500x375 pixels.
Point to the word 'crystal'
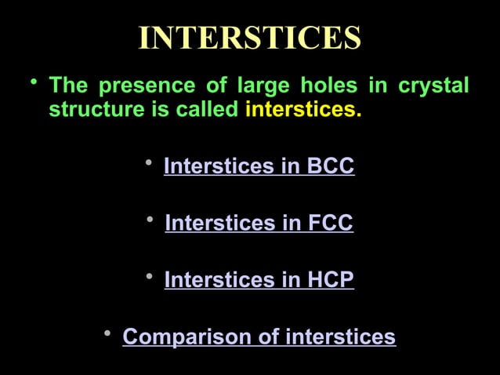(x=433, y=85)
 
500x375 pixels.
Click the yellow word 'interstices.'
(x=303, y=109)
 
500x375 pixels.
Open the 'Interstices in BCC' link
(x=259, y=166)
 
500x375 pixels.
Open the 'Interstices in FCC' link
(x=259, y=224)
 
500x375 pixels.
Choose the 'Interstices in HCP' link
(x=259, y=280)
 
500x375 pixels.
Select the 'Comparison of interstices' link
(x=259, y=337)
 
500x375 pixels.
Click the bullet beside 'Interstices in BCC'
(x=149, y=163)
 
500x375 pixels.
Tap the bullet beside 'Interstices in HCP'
(x=150, y=277)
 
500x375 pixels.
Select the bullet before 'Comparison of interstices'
(x=108, y=334)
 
